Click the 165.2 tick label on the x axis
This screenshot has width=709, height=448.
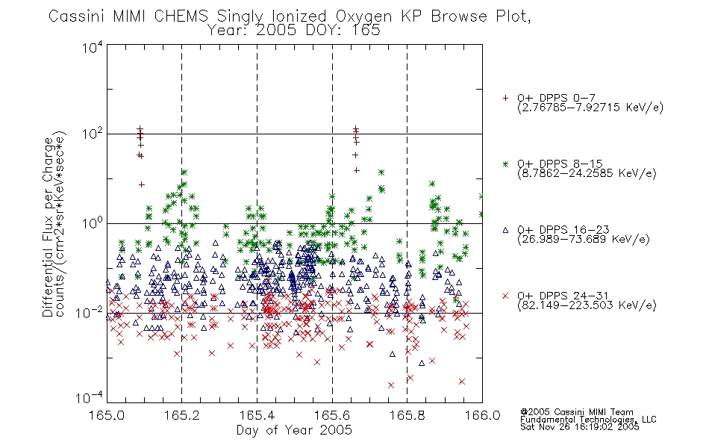click(182, 415)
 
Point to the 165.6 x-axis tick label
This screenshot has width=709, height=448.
click(332, 415)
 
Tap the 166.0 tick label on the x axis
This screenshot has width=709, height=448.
click(482, 415)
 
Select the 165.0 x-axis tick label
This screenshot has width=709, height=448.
click(107, 415)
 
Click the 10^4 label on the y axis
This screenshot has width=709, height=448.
click(93, 47)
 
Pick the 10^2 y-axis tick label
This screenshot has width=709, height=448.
click(93, 134)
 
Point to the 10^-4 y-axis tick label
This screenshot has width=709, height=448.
click(90, 397)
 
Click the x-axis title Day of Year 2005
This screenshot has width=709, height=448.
click(294, 430)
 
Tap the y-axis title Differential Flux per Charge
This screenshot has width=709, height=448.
click(48, 227)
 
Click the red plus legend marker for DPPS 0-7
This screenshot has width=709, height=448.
click(505, 98)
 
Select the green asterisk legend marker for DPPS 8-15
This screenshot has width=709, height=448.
click(505, 164)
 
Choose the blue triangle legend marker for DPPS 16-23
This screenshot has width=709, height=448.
click(505, 230)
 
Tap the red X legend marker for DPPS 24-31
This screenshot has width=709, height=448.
click(505, 296)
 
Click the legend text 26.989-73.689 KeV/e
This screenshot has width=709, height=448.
click(584, 240)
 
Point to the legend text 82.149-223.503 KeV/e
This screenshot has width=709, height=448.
click(587, 305)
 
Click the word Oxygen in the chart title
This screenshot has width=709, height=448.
click(363, 16)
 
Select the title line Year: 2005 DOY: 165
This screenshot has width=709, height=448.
click(293, 31)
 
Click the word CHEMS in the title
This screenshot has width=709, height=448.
click(181, 16)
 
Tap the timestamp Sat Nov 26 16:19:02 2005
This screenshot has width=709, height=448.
click(580, 427)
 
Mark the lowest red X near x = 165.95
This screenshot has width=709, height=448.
click(462, 382)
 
